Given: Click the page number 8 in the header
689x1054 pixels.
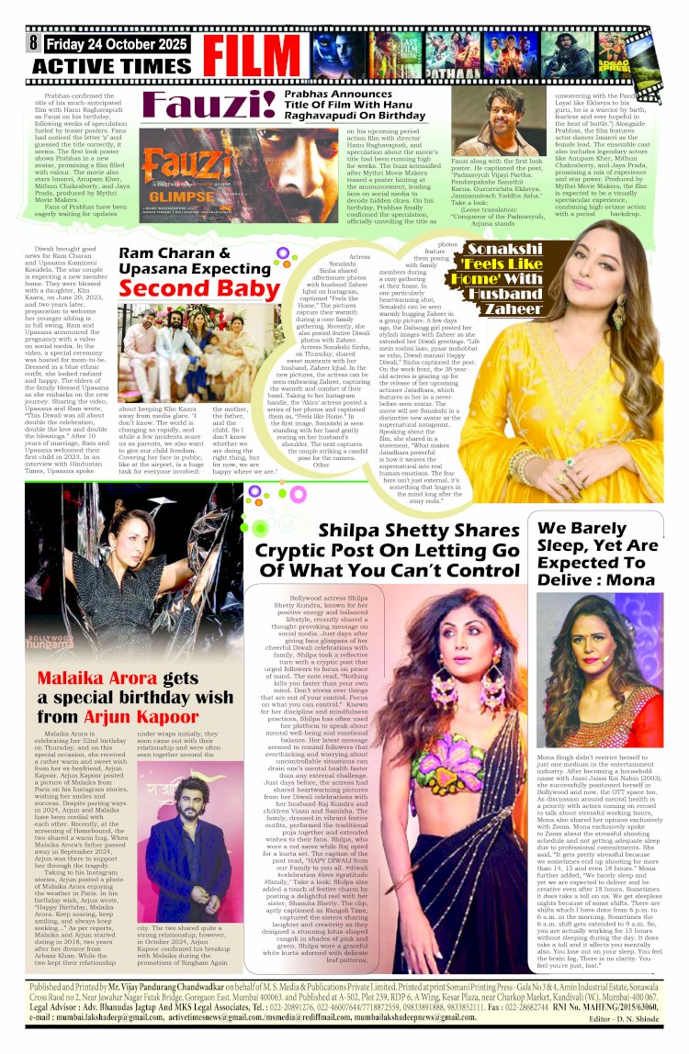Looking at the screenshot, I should pyautogui.click(x=33, y=42).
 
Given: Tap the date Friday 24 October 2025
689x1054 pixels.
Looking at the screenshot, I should pyautogui.click(x=117, y=42).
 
